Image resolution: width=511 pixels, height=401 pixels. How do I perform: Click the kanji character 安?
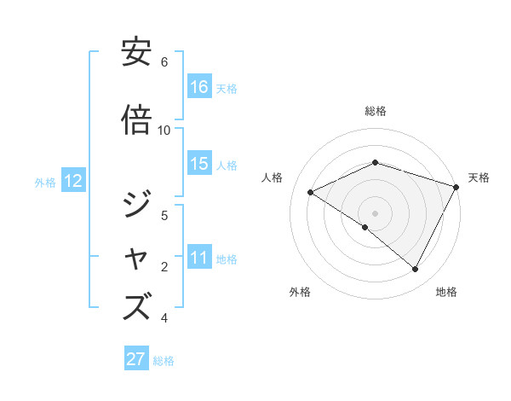tap(137, 54)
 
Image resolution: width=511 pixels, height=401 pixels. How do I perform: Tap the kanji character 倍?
tap(137, 120)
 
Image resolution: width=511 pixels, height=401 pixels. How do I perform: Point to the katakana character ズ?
tap(137, 306)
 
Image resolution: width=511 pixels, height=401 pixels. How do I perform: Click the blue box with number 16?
tap(199, 87)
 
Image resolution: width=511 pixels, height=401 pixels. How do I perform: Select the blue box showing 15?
tap(199, 164)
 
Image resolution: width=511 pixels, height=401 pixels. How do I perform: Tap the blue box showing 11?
tap(199, 258)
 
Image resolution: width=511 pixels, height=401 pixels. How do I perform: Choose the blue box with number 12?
tap(72, 181)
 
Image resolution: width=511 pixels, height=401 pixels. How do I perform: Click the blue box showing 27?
tap(136, 359)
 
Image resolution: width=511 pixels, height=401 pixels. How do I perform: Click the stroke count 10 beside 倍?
tap(164, 130)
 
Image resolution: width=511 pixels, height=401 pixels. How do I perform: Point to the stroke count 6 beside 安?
tap(164, 61)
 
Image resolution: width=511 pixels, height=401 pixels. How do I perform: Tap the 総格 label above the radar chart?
tap(376, 111)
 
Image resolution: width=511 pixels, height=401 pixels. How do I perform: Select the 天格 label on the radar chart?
tap(479, 177)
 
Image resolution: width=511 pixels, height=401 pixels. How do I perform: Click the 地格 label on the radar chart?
tap(446, 292)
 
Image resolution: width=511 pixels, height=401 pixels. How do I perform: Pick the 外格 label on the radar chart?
tap(300, 292)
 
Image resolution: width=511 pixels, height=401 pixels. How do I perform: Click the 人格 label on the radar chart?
tap(273, 177)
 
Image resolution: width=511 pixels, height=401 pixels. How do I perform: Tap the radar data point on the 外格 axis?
tap(365, 228)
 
